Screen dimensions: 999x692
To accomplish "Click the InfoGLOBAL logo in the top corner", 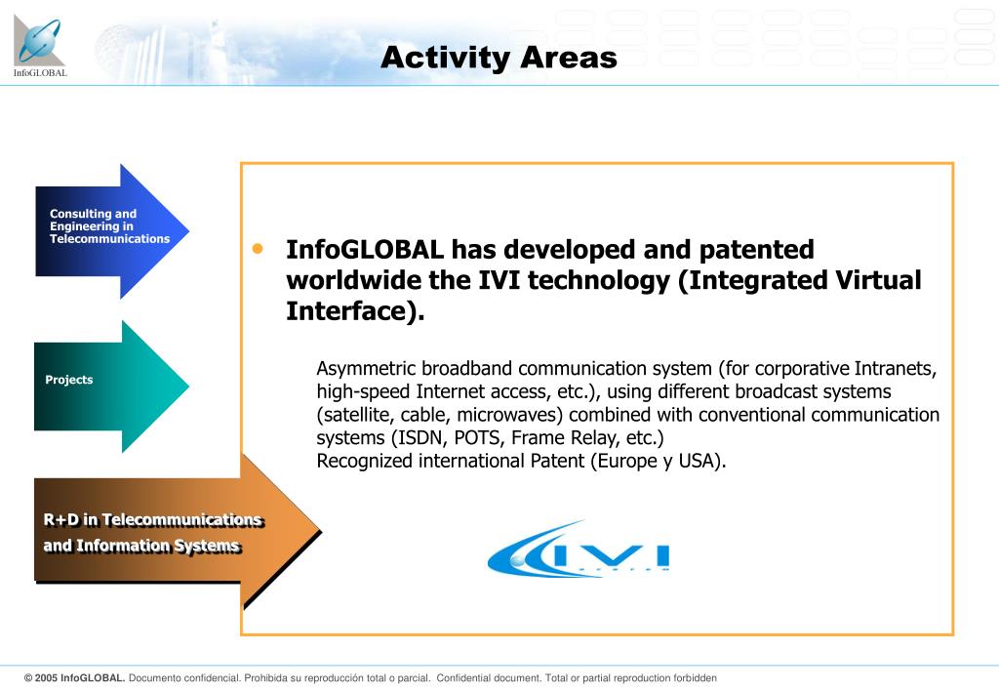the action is click(39, 46).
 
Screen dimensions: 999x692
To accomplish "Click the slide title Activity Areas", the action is click(499, 58).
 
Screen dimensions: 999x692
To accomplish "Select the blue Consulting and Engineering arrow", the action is click(112, 231).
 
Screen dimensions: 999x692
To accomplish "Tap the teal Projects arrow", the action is click(111, 387).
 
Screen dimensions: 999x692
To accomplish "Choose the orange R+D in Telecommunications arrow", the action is click(178, 531).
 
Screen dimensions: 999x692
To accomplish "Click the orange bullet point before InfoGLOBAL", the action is click(258, 249).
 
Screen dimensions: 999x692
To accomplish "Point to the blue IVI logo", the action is click(578, 550).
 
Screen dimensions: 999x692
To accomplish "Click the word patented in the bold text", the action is click(756, 250).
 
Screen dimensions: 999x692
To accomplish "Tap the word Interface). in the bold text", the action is click(355, 311).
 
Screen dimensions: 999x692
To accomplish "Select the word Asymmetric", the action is click(367, 369).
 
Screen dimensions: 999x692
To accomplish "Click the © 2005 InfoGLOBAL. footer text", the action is click(74, 678).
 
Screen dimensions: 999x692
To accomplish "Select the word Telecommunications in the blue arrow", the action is click(109, 239).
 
